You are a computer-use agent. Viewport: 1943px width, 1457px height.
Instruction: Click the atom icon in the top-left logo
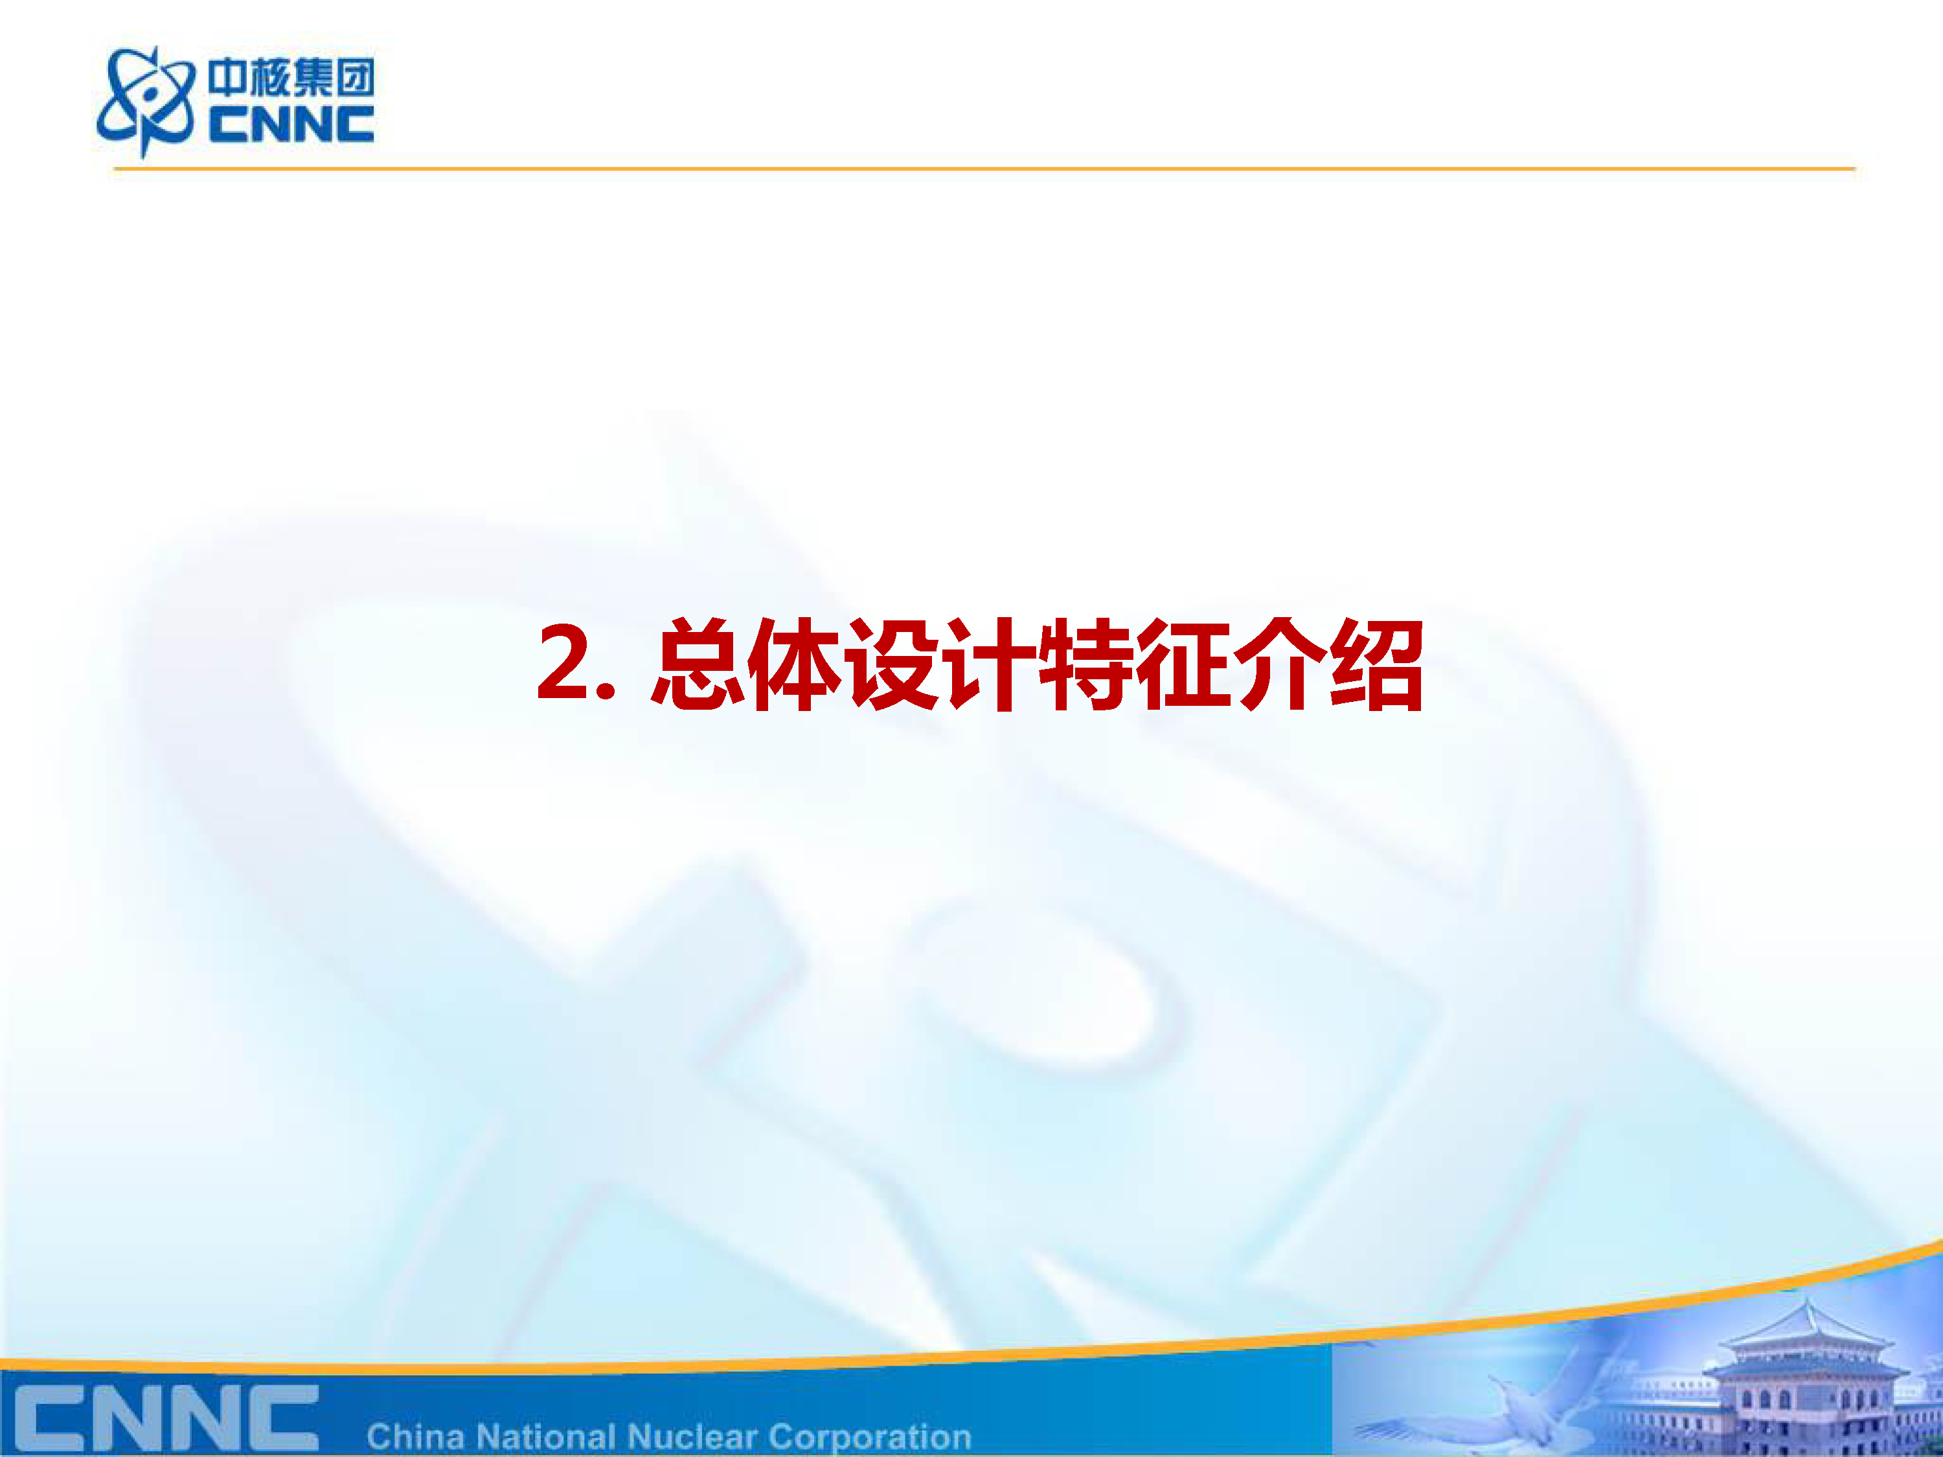146,101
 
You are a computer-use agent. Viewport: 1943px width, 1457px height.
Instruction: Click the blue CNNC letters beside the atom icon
291,124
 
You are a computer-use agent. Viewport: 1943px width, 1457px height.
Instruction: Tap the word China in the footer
415,1437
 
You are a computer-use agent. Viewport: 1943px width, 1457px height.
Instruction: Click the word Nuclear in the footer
692,1437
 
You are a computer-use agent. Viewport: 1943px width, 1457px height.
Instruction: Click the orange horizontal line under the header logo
984,168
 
